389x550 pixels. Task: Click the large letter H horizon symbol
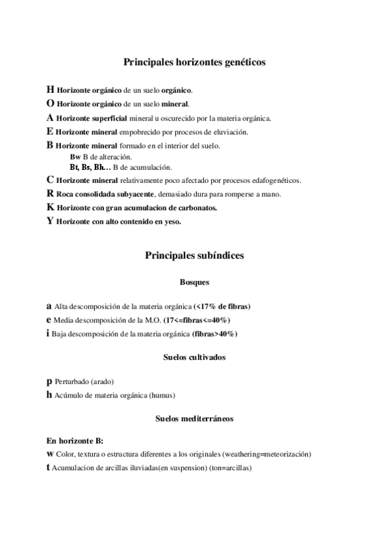(51, 90)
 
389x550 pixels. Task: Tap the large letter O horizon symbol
(51, 104)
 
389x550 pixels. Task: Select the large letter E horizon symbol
(50, 132)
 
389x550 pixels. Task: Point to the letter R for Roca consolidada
(50, 193)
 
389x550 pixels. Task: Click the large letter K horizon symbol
(51, 208)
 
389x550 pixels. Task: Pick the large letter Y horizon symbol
(51, 221)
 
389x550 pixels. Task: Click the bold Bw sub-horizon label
(74, 158)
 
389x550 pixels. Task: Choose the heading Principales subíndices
(194, 256)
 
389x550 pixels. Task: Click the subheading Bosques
(194, 282)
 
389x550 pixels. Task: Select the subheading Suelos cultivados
(194, 357)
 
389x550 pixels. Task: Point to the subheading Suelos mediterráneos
(194, 419)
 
